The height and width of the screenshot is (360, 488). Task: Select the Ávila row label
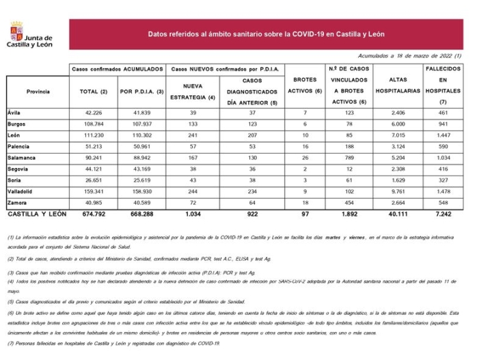tap(14, 111)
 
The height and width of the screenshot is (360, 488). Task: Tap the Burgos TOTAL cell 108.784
tap(94, 124)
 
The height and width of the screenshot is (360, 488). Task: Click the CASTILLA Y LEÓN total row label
tap(37, 214)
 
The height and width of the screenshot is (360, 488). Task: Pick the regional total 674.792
tap(94, 214)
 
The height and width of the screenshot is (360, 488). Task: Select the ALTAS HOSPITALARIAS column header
tap(398, 85)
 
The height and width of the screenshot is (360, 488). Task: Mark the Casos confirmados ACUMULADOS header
tap(118, 69)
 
